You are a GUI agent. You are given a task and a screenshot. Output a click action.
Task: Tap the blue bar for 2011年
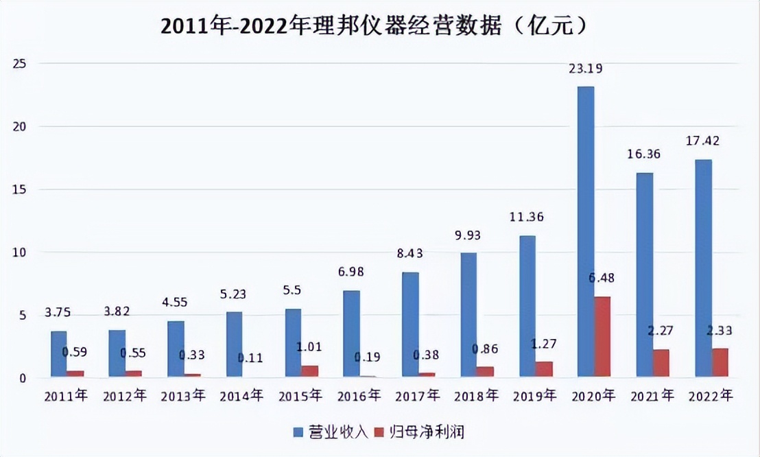point(58,353)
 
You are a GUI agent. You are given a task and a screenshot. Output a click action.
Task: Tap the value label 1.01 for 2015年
point(309,346)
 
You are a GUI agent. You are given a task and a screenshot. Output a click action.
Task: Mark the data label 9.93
point(468,235)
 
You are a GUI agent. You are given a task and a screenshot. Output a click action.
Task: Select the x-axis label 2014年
point(241,396)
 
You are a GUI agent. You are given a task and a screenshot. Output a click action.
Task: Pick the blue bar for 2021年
point(644,274)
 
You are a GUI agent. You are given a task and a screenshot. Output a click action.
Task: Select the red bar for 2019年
point(543,369)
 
